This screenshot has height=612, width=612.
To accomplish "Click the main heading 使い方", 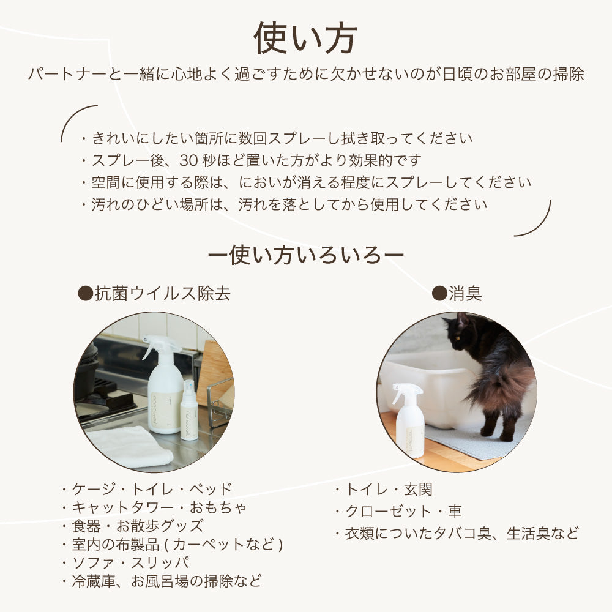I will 305,38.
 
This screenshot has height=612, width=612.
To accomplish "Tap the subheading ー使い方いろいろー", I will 306,254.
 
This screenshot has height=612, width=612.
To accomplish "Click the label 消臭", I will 457,294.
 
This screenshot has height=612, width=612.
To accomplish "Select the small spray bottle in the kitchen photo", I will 189,410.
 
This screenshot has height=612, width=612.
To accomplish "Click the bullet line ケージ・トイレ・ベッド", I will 147,489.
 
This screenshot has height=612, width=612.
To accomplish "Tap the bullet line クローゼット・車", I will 398,511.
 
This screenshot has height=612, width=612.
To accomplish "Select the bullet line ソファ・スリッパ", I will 125,562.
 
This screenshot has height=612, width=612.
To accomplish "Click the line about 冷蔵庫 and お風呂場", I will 162,580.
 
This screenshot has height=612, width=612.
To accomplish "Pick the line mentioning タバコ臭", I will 457,533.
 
